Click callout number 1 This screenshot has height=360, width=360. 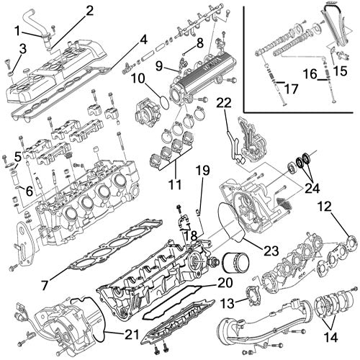[x=17, y=31]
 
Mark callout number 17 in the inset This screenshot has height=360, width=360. [x=291, y=90]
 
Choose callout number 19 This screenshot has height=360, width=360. [x=203, y=170]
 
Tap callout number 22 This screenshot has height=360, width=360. [x=224, y=104]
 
